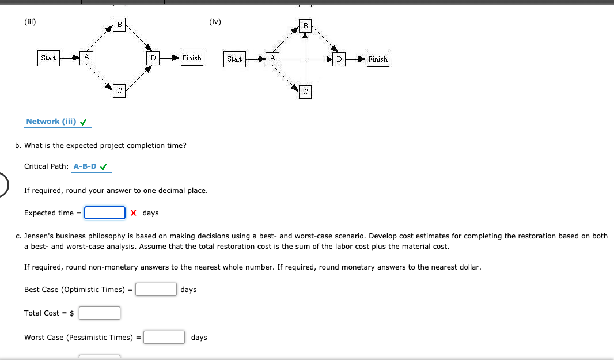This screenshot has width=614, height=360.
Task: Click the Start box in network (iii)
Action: [x=48, y=58]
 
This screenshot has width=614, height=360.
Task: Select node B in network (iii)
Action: [x=119, y=25]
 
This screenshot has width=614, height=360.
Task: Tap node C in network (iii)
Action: [x=119, y=91]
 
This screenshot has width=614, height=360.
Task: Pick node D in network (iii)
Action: [x=153, y=58]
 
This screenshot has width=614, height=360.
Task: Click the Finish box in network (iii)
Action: [x=192, y=58]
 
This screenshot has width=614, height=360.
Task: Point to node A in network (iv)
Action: [x=272, y=59]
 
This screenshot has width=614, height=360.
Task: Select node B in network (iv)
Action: [x=305, y=25]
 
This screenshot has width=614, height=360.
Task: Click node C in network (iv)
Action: [x=305, y=92]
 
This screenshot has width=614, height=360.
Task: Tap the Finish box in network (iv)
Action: [x=378, y=59]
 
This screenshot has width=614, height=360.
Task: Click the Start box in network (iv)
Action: [x=234, y=59]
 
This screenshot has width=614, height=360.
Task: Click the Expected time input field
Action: [x=105, y=213]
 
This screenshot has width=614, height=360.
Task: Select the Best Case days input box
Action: [x=156, y=289]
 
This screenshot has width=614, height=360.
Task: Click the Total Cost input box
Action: [x=100, y=313]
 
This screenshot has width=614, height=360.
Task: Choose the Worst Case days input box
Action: [x=164, y=337]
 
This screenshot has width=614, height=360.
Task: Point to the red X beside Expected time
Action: [x=134, y=213]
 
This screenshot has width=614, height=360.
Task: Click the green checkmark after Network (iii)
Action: [x=84, y=122]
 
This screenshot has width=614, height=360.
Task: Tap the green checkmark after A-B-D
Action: [x=104, y=167]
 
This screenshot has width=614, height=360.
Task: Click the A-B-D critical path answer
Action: [x=85, y=166]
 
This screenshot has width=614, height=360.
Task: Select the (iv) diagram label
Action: [x=215, y=22]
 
